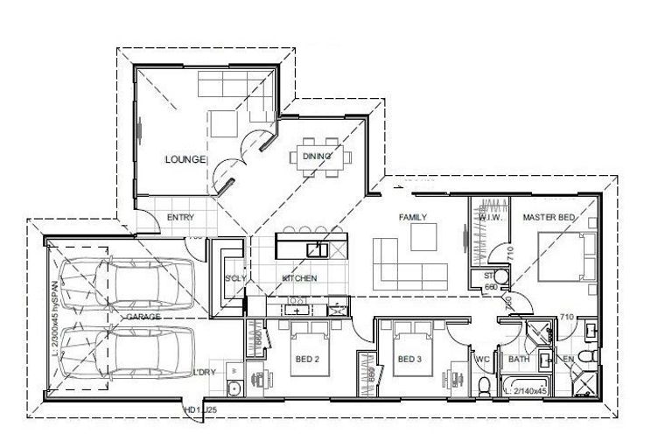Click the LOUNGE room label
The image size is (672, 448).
[185, 159]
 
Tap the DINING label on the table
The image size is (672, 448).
[317, 157]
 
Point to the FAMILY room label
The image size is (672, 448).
[412, 216]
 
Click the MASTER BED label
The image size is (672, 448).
[549, 216]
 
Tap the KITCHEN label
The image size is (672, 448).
[299, 278]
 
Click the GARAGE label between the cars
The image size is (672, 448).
[143, 316]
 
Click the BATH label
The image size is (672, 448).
[519, 359]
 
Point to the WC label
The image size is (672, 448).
[481, 359]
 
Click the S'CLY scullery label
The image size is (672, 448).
[234, 278]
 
